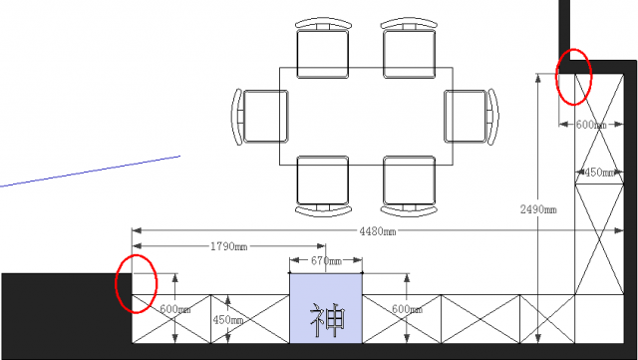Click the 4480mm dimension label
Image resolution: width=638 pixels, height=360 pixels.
(x=377, y=231)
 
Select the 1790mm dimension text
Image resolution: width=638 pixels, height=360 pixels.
(x=228, y=246)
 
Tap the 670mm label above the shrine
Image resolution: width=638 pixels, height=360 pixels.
(x=326, y=260)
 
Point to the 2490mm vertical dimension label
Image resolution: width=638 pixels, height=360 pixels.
(x=538, y=209)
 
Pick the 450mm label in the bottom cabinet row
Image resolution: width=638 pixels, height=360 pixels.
(x=228, y=320)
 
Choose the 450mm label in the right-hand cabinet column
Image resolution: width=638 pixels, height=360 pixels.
(x=599, y=173)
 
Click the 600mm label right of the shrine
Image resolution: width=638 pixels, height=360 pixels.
(x=407, y=309)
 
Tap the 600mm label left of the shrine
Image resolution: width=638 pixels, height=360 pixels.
(x=175, y=309)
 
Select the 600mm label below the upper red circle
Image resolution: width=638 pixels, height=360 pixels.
(x=591, y=125)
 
